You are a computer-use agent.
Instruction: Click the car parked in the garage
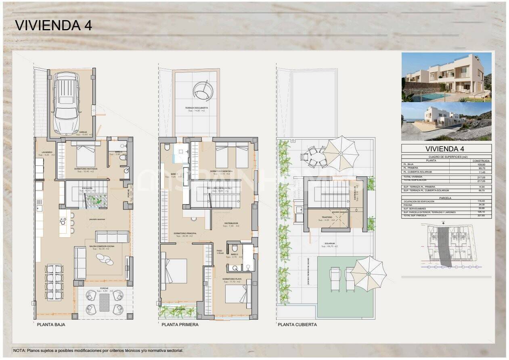(x=67, y=104)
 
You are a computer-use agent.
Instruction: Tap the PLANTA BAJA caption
(x=51, y=324)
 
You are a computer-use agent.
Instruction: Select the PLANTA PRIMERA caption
(x=180, y=324)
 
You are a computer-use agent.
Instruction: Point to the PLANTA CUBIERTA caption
(x=297, y=324)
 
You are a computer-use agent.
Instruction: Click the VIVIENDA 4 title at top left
(x=53, y=25)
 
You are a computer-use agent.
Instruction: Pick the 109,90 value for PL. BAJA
(x=481, y=164)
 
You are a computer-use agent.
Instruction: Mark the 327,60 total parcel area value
(x=481, y=216)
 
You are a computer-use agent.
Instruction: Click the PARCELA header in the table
(x=446, y=198)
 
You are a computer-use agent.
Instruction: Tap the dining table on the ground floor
(x=54, y=282)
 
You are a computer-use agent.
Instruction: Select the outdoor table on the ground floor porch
(x=104, y=302)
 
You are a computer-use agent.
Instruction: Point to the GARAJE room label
(x=84, y=132)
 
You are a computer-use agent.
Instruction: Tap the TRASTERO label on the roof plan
(x=326, y=217)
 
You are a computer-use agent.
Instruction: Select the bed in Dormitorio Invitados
(x=86, y=155)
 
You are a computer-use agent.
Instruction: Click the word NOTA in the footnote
(x=19, y=350)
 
